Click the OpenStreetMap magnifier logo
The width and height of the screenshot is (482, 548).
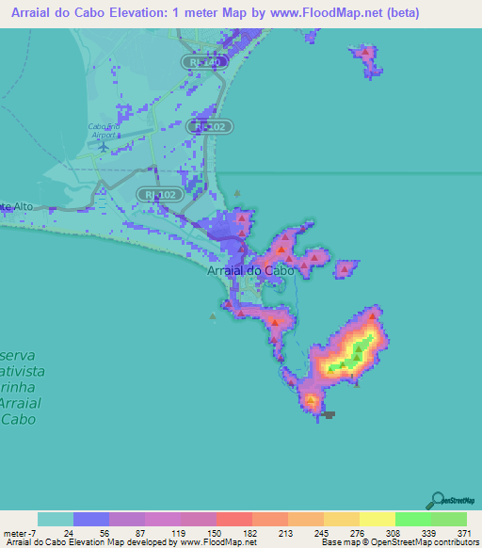pyautogui.click(x=438, y=500)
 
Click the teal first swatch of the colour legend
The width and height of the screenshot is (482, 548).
pyautogui.click(x=55, y=519)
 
